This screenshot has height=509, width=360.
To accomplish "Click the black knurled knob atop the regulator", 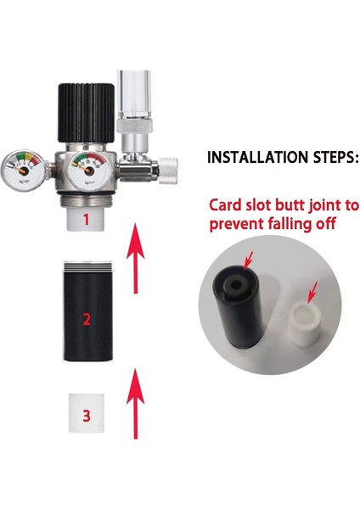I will (x=84, y=110).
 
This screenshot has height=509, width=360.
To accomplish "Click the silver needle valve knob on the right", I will (x=169, y=169).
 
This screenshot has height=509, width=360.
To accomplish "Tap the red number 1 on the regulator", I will (x=84, y=219).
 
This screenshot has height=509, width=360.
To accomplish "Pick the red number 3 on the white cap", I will (x=84, y=416).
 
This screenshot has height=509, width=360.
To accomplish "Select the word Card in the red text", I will (x=227, y=205).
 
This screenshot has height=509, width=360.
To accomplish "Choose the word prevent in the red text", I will (x=237, y=224).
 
